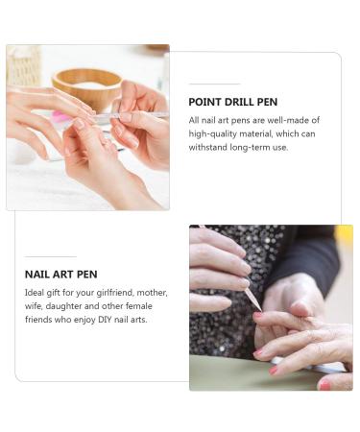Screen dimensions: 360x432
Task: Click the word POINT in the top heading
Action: pyautogui.click(x=204, y=102)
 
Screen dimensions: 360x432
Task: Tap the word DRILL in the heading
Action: pyautogui.click(x=239, y=102)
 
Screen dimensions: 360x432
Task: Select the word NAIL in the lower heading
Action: pyautogui.click(x=36, y=275)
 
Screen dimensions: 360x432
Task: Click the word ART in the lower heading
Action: pyautogui.click(x=63, y=275)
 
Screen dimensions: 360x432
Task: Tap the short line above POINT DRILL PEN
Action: pyautogui.click(x=214, y=84)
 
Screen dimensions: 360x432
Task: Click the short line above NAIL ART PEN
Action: pyautogui.click(x=51, y=256)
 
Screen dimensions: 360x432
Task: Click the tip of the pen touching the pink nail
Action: pyautogui.click(x=261, y=311)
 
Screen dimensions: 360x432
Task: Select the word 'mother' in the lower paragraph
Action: pyautogui.click(x=152, y=293)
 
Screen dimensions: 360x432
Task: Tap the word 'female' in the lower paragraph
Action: pyautogui.click(x=138, y=306)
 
